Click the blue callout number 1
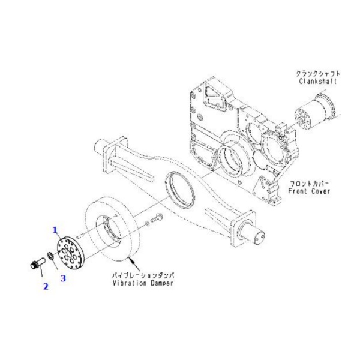[x=55, y=229]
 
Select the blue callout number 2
[x=45, y=286]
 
